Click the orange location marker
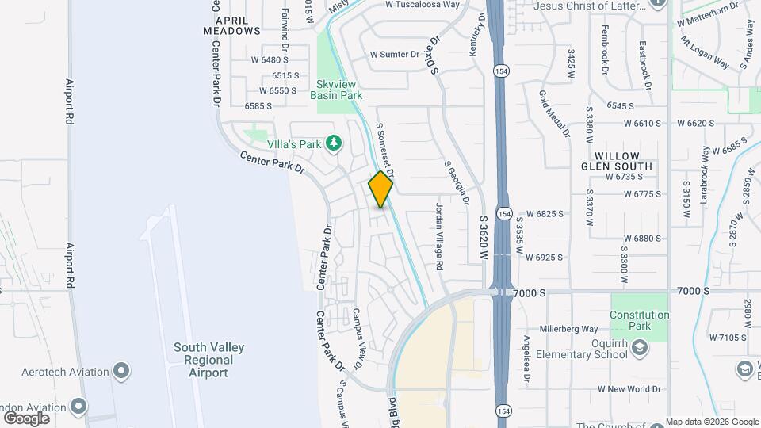point(380,189)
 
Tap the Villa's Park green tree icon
point(335,143)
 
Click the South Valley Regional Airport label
point(209,360)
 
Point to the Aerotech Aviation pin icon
point(121,371)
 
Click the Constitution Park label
point(640,320)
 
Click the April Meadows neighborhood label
point(231,25)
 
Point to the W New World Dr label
point(629,389)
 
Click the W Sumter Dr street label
point(395,55)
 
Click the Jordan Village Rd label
point(439,236)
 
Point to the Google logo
point(27,418)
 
